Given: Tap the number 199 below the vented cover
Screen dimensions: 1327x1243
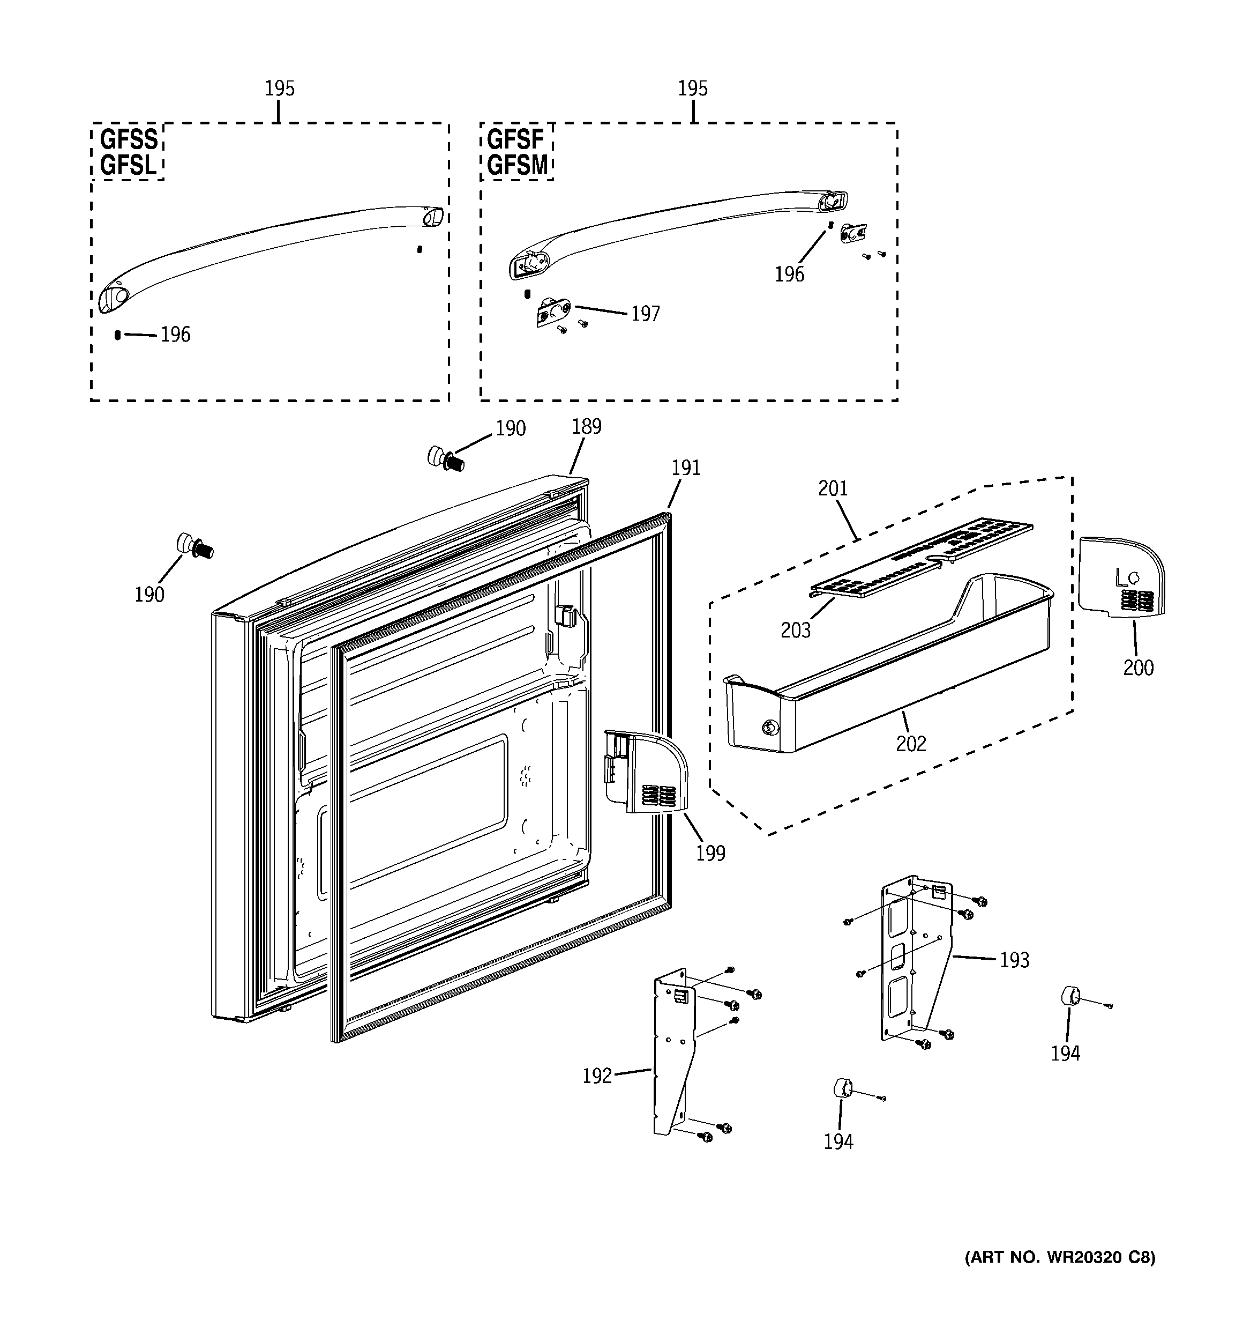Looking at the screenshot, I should tap(710, 853).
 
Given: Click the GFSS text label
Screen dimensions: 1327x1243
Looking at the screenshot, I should tap(129, 139).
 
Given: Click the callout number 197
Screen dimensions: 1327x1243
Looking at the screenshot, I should tap(645, 314).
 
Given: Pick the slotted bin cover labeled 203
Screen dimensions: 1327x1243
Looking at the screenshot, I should tap(921, 558).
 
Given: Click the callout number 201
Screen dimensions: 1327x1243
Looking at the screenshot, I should tap(833, 488).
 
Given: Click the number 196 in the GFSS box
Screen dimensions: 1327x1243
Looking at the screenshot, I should tap(176, 335).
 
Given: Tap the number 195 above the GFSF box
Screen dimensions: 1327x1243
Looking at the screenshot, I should tap(693, 89).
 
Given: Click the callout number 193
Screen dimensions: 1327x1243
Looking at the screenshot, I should tap(1014, 960).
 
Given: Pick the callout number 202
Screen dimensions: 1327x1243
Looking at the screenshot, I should tap(911, 743).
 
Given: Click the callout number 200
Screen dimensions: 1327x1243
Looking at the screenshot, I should tap(1137, 667).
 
